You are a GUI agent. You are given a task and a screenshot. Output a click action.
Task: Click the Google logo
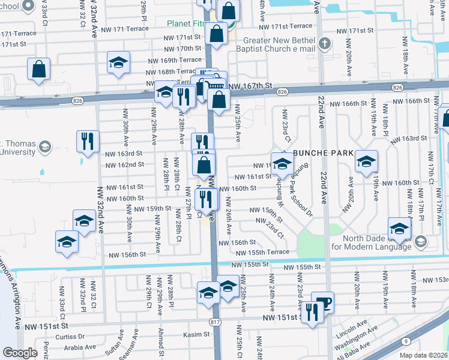(20, 353)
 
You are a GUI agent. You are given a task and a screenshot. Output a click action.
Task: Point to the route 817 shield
(214, 322)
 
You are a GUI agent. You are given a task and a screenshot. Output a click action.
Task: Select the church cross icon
(325, 43)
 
